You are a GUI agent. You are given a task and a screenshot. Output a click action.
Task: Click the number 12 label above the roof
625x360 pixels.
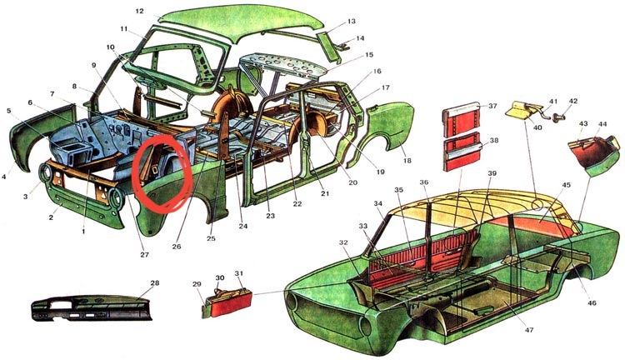click(x=139, y=12)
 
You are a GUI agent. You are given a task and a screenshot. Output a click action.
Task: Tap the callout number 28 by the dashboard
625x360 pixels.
click(x=155, y=283)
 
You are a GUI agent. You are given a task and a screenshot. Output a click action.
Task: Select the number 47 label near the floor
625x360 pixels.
click(x=529, y=330)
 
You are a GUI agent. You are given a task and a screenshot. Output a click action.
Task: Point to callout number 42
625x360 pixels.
click(x=572, y=102)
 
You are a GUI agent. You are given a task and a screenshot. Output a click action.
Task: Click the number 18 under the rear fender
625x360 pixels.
click(x=407, y=161)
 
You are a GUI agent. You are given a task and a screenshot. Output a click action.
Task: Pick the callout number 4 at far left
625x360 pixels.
click(x=4, y=176)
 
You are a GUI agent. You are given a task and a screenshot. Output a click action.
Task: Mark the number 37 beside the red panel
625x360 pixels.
click(x=493, y=106)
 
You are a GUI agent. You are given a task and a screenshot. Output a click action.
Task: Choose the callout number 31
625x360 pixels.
click(x=239, y=273)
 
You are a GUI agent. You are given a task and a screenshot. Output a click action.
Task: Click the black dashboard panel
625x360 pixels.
click(x=92, y=308)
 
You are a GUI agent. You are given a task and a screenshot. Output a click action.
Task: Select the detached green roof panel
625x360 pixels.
click(x=239, y=23)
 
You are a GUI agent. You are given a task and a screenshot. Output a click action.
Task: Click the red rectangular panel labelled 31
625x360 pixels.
click(x=231, y=303)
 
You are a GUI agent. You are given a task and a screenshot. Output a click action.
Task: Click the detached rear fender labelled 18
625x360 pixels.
click(x=382, y=136)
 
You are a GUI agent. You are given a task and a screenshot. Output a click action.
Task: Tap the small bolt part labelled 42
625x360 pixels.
click(x=558, y=117)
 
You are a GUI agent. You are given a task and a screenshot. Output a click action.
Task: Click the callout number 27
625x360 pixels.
click(x=144, y=254)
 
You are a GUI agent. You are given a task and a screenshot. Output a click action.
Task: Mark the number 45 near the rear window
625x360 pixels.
click(x=567, y=185)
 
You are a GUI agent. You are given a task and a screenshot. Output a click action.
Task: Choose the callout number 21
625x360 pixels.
click(x=325, y=194)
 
